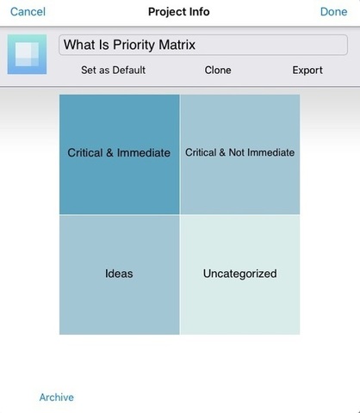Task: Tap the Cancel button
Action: point(28,12)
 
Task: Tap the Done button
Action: point(333,12)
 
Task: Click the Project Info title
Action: point(179,12)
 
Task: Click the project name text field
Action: point(203,45)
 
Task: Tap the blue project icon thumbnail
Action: point(27,54)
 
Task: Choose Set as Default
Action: point(113,71)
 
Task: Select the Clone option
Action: point(218,71)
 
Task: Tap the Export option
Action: point(307,71)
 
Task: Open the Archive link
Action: point(57,398)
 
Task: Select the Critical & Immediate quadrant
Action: point(120,154)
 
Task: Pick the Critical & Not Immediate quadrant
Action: point(240,154)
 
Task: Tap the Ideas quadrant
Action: point(120,274)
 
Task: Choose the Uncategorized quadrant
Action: point(240,274)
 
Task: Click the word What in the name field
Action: point(78,45)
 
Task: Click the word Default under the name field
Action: point(129,71)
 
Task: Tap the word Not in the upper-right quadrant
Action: point(237,152)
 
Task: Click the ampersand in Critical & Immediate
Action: point(109,152)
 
